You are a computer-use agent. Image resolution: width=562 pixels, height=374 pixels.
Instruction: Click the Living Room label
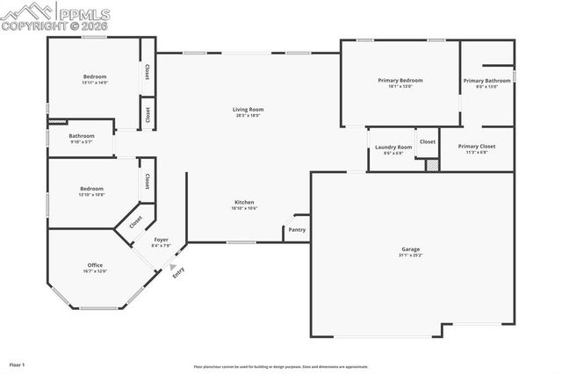[x=249, y=110]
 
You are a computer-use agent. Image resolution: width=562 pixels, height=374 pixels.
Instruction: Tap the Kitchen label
[x=244, y=201]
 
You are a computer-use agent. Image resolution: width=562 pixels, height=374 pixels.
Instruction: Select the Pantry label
[x=296, y=231]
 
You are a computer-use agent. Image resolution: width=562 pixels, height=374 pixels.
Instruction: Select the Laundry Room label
[x=393, y=147]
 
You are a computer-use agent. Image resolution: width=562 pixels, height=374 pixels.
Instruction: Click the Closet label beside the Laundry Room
[x=427, y=141]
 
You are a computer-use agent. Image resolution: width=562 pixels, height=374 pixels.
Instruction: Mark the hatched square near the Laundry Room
[x=431, y=165]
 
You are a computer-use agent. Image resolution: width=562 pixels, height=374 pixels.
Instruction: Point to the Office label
[x=95, y=265]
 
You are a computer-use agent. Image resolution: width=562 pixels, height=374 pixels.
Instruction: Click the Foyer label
[x=161, y=240]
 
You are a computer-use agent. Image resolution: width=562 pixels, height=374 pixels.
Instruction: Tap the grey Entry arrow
[x=174, y=266]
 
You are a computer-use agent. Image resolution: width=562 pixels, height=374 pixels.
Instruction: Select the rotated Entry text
[x=179, y=273]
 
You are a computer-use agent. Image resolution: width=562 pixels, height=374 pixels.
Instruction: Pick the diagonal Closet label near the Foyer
[x=135, y=223]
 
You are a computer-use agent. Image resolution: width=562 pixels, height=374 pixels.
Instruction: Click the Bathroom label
[x=82, y=136]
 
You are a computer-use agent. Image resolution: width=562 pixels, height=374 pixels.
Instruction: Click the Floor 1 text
[x=18, y=363]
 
